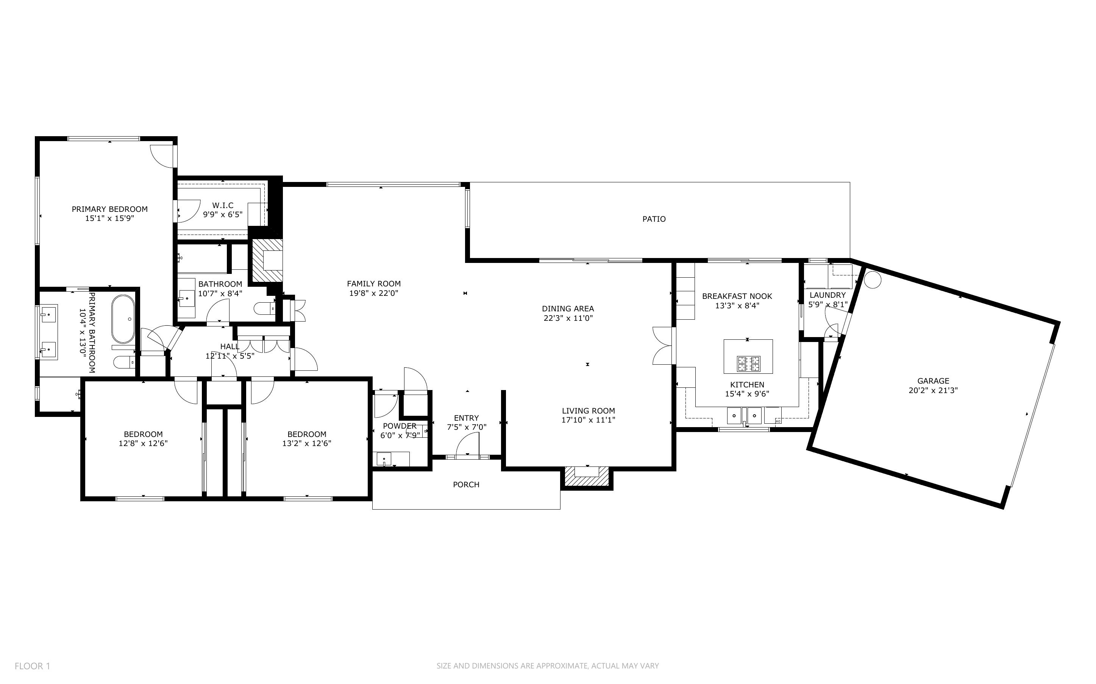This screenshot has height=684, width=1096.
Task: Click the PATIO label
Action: click(654, 219)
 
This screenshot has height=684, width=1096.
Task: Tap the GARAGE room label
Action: click(933, 381)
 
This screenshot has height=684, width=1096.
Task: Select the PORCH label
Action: click(466, 485)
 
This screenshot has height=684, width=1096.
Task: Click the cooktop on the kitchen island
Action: click(748, 363)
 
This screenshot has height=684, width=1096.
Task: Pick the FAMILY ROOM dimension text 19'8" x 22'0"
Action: click(373, 293)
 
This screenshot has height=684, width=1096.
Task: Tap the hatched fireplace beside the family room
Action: click(267, 261)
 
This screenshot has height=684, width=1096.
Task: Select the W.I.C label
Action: click(223, 205)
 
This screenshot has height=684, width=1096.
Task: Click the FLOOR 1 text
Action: click(32, 666)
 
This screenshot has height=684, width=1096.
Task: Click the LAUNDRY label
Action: click(827, 295)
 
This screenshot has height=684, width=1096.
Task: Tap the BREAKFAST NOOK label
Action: click(737, 296)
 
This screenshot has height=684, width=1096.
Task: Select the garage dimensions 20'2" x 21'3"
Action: click(933, 390)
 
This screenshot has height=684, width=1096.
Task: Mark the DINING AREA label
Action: click(568, 309)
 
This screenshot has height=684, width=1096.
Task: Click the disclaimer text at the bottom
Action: click(548, 666)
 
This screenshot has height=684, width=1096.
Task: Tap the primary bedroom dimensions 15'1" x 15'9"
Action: click(109, 218)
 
